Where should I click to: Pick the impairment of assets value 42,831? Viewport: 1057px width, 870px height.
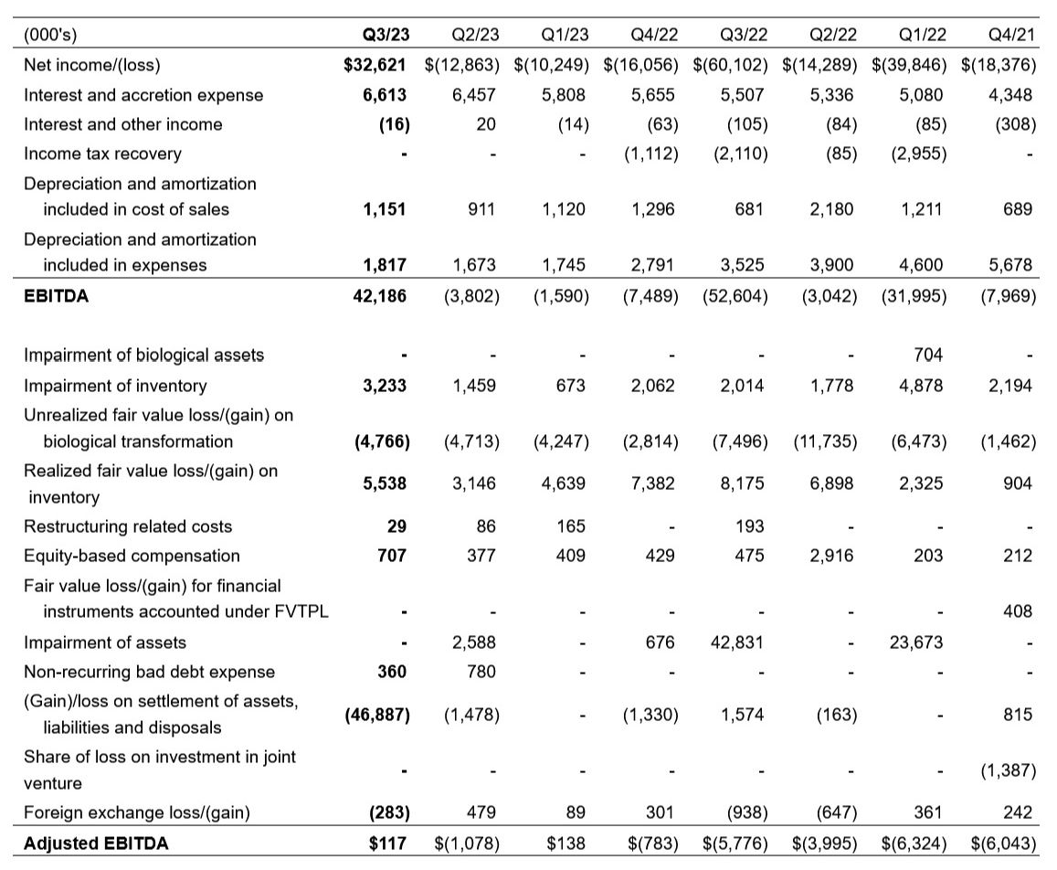coord(739,642)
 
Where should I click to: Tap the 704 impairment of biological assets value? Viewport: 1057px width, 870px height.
coord(927,355)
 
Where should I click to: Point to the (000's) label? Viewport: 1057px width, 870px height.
coord(50,36)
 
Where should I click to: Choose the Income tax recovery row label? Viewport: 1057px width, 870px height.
coord(102,154)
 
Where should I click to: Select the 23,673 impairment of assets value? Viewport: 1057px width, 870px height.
coord(917,642)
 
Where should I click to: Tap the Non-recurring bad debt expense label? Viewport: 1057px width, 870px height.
coord(149,672)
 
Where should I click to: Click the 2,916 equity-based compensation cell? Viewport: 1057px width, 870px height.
coord(832,556)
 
